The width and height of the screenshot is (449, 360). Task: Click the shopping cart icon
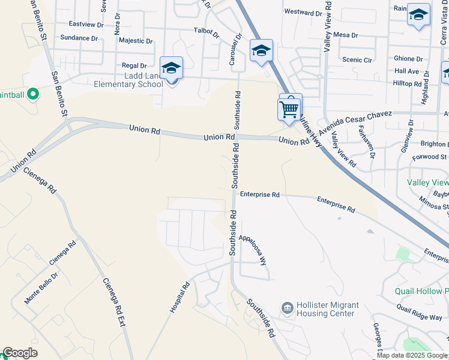point(289,110)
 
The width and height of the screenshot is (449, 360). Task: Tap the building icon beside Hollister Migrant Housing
point(287,308)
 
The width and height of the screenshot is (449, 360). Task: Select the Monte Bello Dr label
point(41,289)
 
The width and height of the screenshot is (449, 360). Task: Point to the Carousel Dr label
point(233,49)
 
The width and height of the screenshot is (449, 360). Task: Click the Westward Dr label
point(303,12)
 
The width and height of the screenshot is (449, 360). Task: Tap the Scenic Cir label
point(356,60)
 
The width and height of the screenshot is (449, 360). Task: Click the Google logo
point(20,353)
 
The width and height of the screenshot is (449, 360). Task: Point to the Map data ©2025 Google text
point(412,356)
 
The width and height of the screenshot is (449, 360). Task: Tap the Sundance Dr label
point(79,38)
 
